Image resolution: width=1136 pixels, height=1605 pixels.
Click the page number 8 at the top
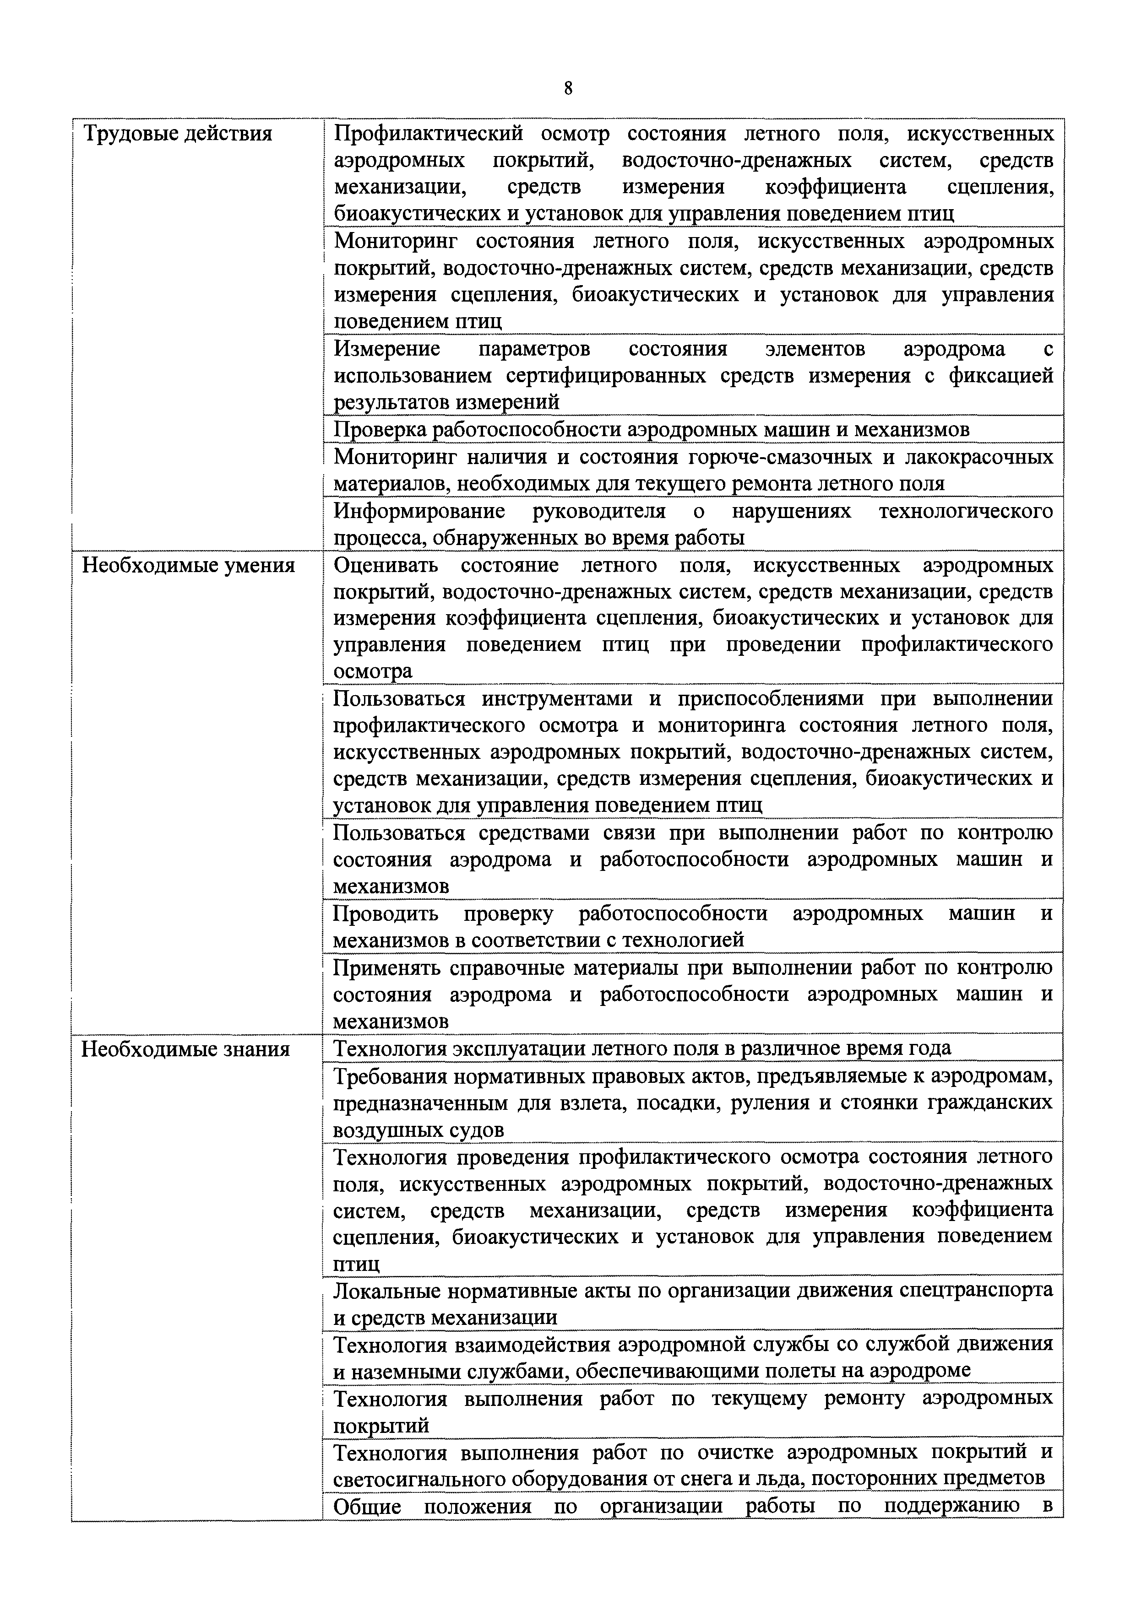pos(568,88)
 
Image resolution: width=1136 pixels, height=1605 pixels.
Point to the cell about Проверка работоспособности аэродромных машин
pos(651,429)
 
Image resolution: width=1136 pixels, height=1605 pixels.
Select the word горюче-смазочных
pos(769,457)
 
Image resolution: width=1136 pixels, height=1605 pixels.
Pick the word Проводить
pos(386,913)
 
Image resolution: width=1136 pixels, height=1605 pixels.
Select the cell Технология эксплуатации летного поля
pos(641,1048)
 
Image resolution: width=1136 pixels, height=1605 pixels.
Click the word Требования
pos(390,1076)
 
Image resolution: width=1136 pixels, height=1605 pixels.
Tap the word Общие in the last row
pos(367,1507)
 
